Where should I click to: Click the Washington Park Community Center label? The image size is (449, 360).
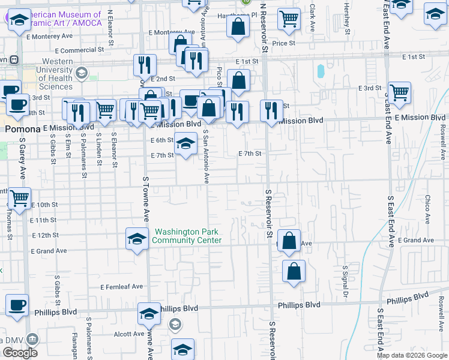187,236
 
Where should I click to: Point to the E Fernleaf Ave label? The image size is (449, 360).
121,287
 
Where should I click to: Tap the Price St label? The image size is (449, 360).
283,43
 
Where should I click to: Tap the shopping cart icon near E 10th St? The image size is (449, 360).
20,197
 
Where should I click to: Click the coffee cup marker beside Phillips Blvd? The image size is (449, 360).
17,305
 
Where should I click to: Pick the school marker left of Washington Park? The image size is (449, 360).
137,238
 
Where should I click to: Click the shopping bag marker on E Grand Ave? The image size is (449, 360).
289,240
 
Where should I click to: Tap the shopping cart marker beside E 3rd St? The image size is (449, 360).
399,92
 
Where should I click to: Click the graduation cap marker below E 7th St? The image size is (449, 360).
185,144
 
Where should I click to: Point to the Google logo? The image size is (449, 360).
20,353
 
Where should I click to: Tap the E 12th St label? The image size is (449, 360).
46,235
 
